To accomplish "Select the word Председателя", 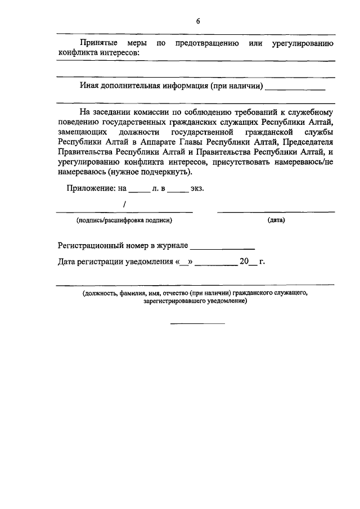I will [309, 142].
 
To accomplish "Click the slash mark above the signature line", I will [124, 204].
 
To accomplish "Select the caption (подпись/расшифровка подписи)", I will [124, 220].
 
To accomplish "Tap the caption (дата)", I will [276, 220].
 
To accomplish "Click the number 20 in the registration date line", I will [244, 261].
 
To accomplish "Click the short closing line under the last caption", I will [197, 323].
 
